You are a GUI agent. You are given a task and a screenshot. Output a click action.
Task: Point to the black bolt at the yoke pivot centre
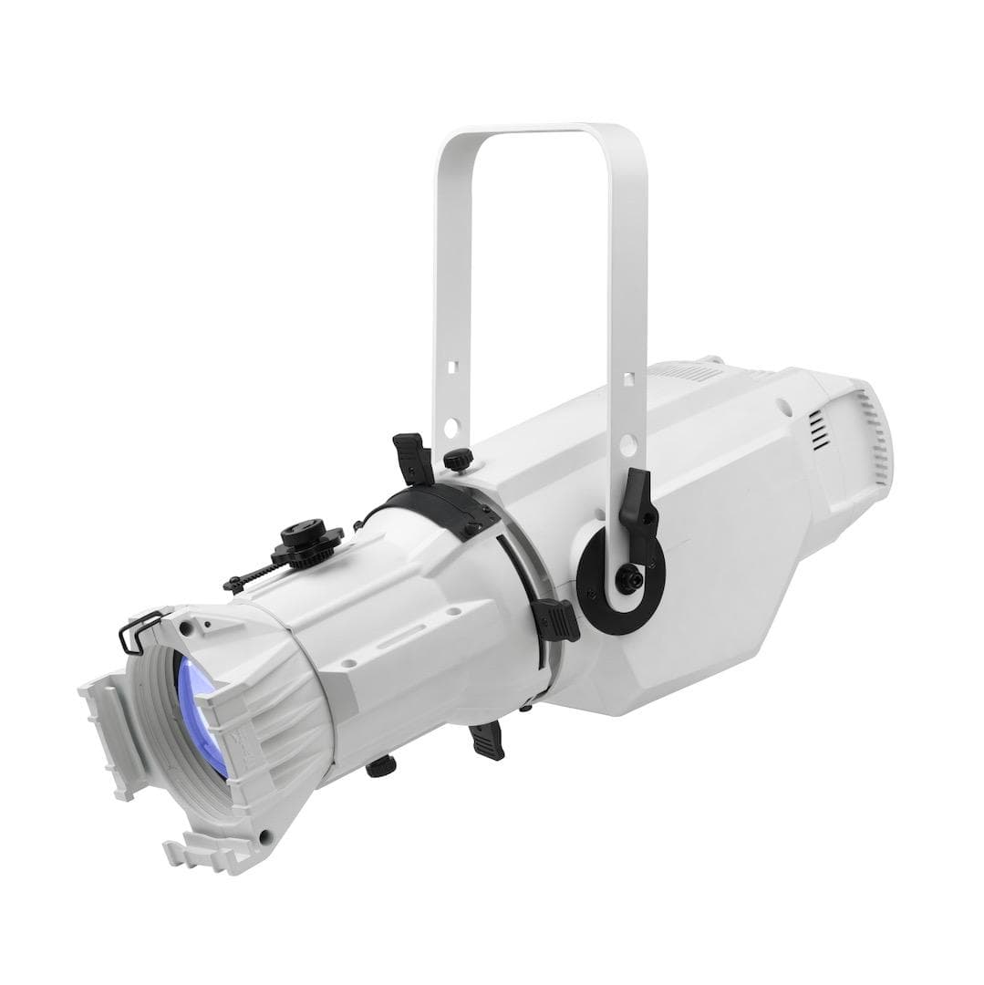point(628,578)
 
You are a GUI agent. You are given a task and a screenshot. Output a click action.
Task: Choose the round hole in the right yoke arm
point(627,444)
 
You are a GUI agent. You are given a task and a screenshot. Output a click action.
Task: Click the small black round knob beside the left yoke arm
point(458,458)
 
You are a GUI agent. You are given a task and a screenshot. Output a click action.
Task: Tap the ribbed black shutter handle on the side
point(556,619)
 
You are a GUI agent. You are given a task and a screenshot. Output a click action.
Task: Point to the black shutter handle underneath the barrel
point(487,739)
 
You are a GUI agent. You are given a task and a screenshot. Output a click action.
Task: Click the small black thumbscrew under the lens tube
point(380,766)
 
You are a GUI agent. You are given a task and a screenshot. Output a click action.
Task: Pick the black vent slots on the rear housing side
point(820,428)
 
